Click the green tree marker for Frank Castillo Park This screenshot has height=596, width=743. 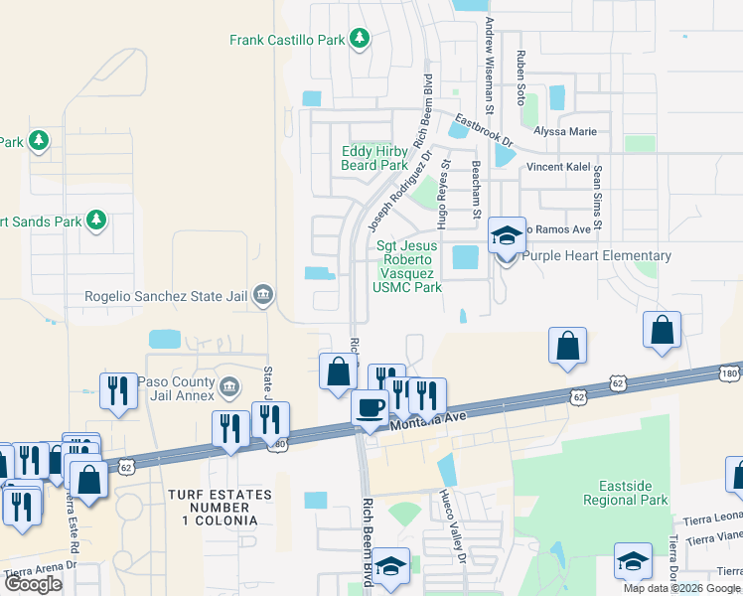point(359,40)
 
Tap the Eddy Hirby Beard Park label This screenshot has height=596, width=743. point(374,158)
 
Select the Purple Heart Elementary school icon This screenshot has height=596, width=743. point(507,237)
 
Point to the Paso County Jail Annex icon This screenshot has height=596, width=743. point(229,384)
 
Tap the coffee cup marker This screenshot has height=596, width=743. point(371,408)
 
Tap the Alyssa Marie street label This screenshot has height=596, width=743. point(564,131)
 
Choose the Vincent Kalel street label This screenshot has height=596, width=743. point(558,167)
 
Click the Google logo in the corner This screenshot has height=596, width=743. point(33,584)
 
